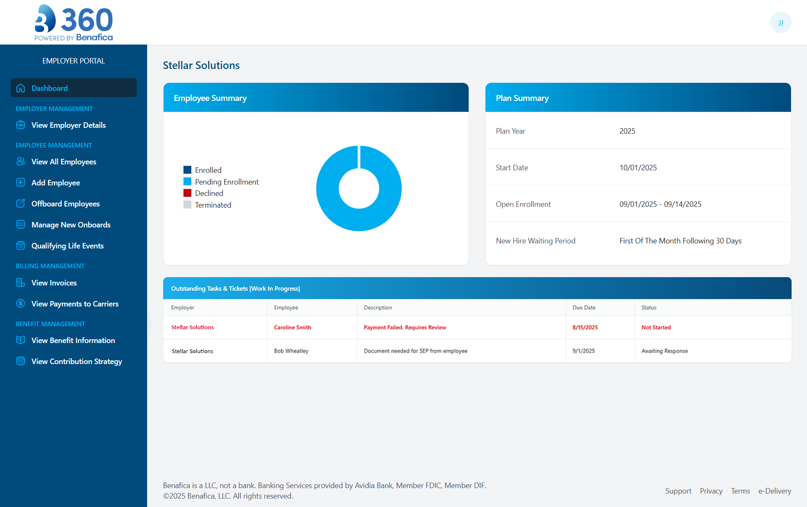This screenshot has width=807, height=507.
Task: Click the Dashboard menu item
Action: (x=49, y=88)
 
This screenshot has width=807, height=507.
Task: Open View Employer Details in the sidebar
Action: (x=68, y=125)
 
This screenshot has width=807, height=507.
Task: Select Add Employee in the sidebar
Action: (x=55, y=183)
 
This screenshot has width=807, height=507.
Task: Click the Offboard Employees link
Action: (x=65, y=204)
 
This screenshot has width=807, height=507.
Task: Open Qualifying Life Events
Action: (x=67, y=246)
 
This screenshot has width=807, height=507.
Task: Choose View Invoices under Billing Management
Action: (x=54, y=283)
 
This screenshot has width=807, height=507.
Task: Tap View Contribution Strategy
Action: (x=76, y=362)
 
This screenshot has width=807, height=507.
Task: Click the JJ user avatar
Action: (x=781, y=23)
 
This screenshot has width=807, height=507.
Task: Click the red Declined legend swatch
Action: (x=187, y=193)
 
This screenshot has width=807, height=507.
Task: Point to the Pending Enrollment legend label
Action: (x=227, y=182)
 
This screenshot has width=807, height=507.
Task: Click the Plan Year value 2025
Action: (x=627, y=131)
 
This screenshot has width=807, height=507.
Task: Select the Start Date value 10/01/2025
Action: (x=638, y=168)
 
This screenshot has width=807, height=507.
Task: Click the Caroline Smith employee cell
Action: (x=293, y=327)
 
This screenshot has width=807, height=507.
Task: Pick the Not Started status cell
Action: (x=656, y=327)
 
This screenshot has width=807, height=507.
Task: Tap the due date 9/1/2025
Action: (x=583, y=351)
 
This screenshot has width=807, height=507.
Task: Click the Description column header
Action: (x=377, y=308)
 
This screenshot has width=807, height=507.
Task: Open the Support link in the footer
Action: (x=678, y=491)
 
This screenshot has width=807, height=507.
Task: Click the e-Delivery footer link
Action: (x=774, y=491)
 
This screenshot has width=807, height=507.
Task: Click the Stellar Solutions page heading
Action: (x=201, y=66)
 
